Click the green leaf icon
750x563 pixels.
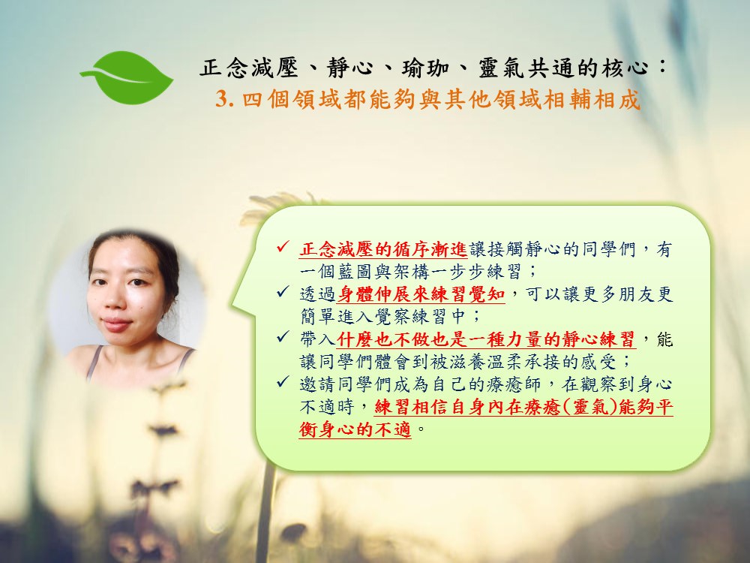tap(127, 77)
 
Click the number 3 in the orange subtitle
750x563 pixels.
tap(221, 100)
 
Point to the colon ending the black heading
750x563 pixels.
tap(662, 66)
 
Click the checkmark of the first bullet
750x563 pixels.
tap(283, 247)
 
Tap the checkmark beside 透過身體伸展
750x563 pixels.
tap(283, 291)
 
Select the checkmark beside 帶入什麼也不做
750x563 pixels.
tap(283, 336)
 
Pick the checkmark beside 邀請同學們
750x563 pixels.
tap(283, 381)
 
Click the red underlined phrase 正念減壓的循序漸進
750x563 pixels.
tap(383, 249)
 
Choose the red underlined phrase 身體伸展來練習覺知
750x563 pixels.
tap(421, 294)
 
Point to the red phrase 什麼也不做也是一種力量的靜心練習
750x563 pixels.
tap(487, 339)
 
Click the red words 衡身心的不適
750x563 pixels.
tap(355, 429)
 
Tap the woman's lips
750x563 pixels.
tap(116, 324)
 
